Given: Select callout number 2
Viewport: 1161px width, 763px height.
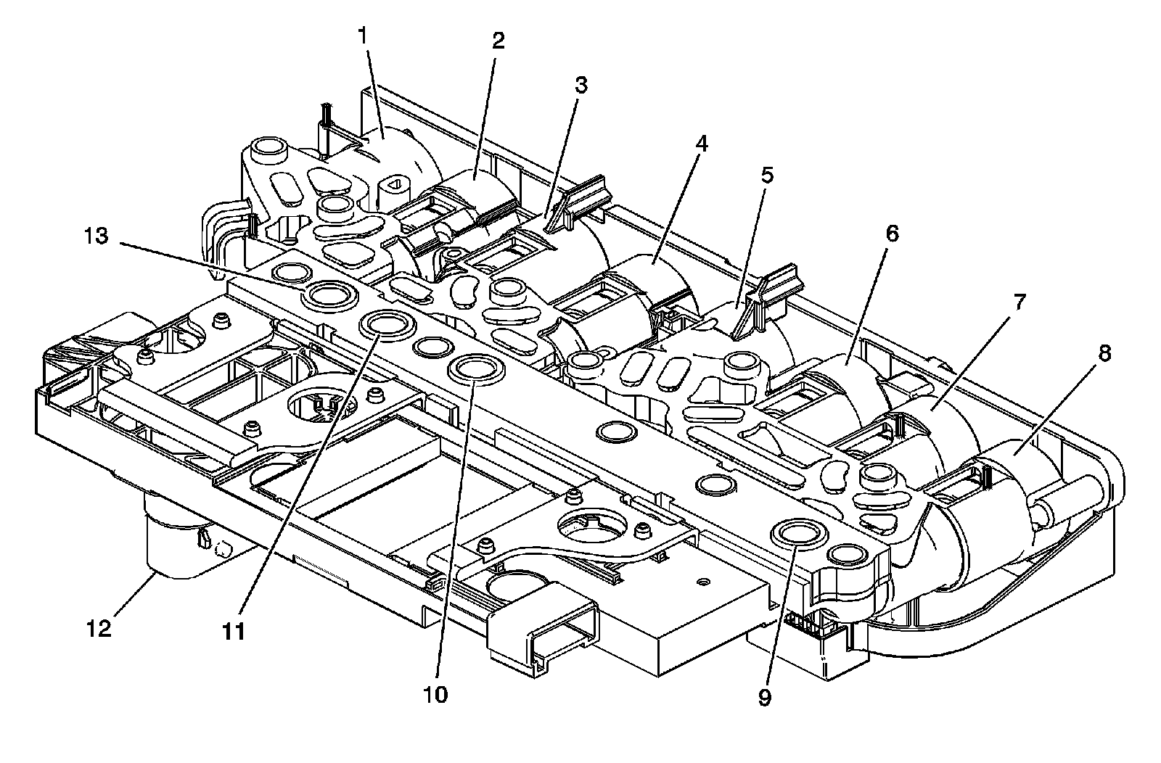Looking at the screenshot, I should click(x=498, y=41).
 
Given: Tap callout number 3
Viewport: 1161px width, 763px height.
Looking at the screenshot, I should click(x=580, y=85).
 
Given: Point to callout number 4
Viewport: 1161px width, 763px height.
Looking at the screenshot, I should click(x=700, y=144).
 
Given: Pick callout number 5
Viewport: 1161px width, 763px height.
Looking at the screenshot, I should click(x=767, y=175).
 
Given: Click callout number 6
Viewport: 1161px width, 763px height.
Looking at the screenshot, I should click(x=892, y=234).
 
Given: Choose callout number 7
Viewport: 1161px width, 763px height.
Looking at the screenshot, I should click(x=1019, y=302).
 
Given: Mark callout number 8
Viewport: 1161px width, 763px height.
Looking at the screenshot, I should click(x=1105, y=353).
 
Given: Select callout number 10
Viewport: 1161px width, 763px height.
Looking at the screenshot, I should click(x=437, y=694).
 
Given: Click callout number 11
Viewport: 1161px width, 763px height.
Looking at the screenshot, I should click(x=233, y=631).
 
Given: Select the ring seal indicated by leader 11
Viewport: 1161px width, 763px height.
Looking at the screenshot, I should click(x=385, y=326).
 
